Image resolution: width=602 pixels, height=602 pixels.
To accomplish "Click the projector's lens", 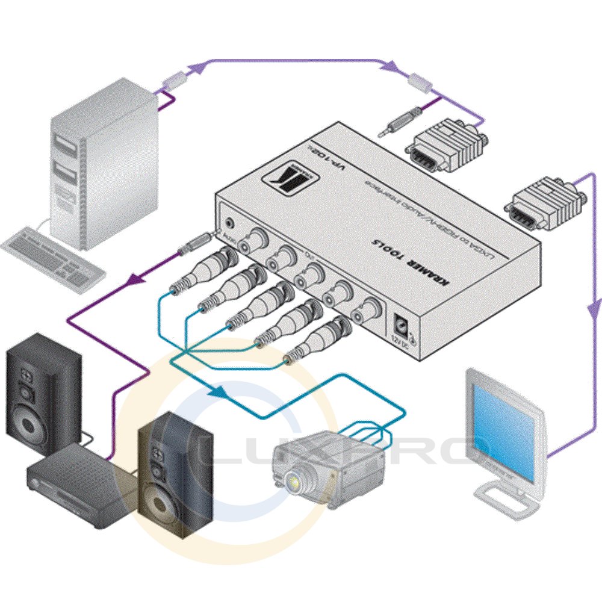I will [x=295, y=480].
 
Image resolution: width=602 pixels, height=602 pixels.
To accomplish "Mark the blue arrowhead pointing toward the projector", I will [x=220, y=393].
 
